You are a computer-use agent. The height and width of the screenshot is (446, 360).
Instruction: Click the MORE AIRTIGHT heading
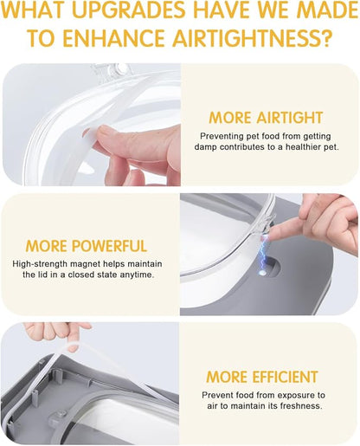[x=266, y=118]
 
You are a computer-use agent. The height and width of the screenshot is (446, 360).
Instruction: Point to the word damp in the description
[x=205, y=147]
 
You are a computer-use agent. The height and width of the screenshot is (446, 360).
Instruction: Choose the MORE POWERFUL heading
[x=87, y=246]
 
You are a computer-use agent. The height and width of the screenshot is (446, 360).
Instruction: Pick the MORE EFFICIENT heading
[x=262, y=377]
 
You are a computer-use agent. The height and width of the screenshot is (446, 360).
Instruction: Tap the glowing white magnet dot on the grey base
[x=262, y=273]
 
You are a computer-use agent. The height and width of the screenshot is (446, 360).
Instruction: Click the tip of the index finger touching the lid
[x=265, y=236]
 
